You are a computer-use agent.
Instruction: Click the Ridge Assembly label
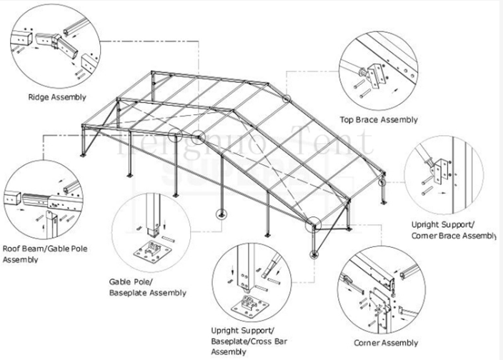[57, 97]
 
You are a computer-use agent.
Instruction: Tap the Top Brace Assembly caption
[379, 121]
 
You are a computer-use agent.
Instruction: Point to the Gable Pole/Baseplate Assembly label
[147, 287]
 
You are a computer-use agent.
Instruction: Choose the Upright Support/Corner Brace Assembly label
[453, 229]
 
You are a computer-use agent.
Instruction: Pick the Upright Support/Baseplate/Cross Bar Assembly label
[242, 341]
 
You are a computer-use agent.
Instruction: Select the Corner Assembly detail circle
[379, 292]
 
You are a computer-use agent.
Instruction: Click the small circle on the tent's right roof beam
[287, 99]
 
